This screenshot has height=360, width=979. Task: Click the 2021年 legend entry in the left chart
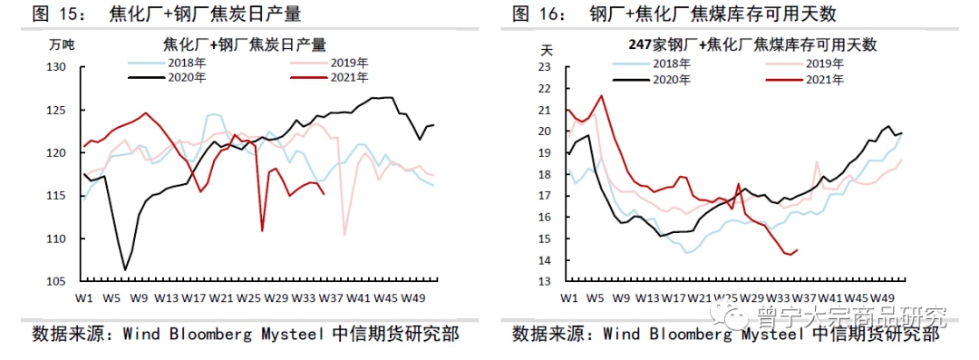pyautogui.click(x=331, y=79)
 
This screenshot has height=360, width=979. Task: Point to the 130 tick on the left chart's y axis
pyautogui.click(x=56, y=67)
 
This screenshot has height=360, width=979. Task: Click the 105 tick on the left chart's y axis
pyautogui.click(x=56, y=281)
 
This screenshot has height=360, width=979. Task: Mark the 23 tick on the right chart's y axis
pyautogui.click(x=545, y=67)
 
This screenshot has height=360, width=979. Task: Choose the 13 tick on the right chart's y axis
pyautogui.click(x=545, y=281)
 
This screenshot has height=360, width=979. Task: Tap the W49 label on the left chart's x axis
pyautogui.click(x=414, y=297)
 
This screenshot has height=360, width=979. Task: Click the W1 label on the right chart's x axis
pyautogui.click(x=569, y=297)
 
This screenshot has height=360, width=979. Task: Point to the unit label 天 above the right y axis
pyautogui.click(x=546, y=47)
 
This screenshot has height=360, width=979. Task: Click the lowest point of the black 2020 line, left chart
pyautogui.click(x=125, y=269)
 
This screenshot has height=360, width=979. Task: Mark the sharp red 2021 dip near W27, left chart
pyautogui.click(x=262, y=231)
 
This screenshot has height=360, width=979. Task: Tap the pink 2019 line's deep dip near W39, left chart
pyautogui.click(x=344, y=235)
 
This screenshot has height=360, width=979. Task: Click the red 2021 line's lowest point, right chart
pyautogui.click(x=789, y=254)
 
